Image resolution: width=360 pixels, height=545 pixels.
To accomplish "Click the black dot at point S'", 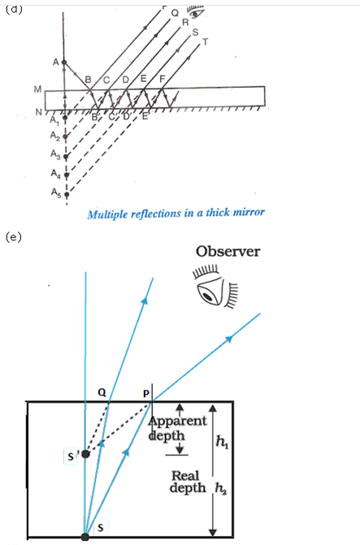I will click(85, 453).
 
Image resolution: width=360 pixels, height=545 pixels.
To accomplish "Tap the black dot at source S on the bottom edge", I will click(85, 537).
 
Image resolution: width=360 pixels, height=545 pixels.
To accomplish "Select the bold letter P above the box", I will click(146, 393).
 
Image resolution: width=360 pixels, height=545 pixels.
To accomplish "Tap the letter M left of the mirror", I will click(38, 89).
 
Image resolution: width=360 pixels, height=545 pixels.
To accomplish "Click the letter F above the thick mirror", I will click(161, 79).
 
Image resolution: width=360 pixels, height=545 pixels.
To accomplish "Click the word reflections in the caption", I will click(171, 214).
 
